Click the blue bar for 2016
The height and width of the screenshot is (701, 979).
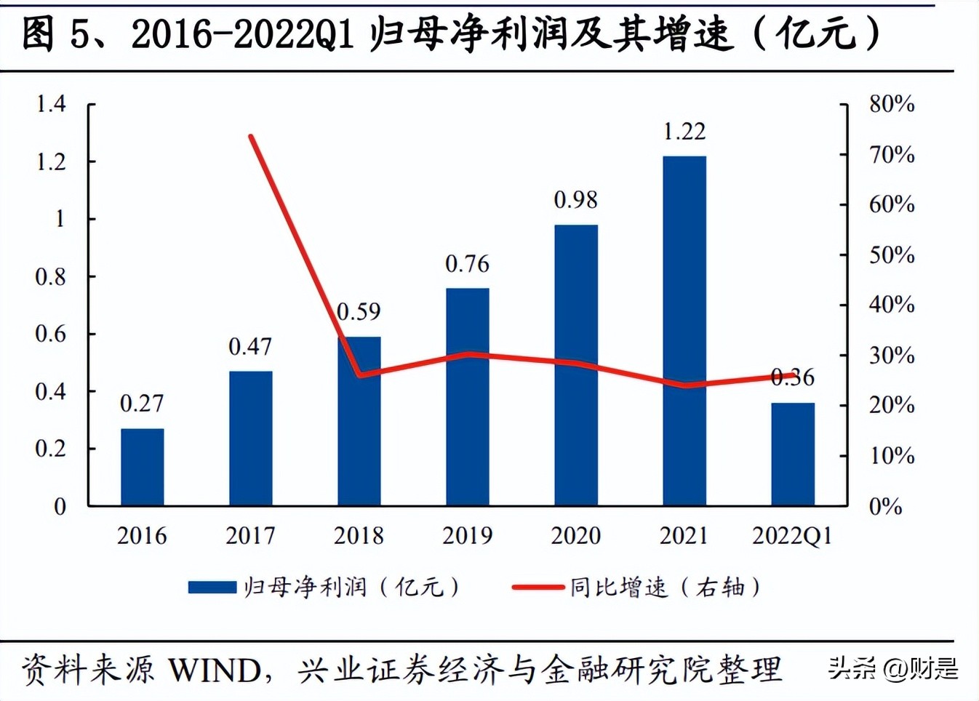point(142,467)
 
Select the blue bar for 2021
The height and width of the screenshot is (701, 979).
point(684,331)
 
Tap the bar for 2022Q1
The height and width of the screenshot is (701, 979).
point(792,454)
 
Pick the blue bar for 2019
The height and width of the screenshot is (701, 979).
point(467,396)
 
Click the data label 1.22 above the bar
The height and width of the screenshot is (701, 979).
point(684,132)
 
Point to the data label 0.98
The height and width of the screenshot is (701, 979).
point(575,200)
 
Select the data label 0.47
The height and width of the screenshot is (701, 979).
point(250,347)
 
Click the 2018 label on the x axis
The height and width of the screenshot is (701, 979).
point(359,536)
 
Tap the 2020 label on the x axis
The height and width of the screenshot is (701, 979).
point(575,536)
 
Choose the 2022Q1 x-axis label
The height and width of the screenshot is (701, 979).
point(792,536)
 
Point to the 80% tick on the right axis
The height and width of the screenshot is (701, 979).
point(892,104)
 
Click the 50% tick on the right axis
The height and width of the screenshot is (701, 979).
point(892,255)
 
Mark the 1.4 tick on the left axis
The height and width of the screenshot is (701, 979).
point(51,104)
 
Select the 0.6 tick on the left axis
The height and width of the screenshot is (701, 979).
point(51,334)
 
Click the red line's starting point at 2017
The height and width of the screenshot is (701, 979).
point(250,136)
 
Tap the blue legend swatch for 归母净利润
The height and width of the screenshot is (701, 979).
point(212,587)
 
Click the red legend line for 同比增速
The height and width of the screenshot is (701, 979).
point(538,587)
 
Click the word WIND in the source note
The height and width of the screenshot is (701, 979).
point(215,670)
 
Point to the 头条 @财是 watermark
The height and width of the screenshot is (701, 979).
point(892,668)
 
